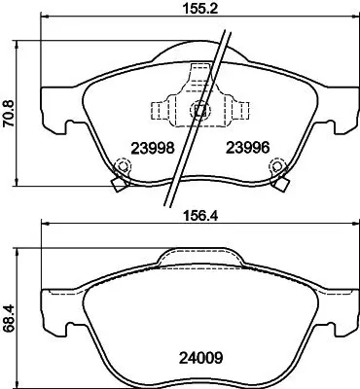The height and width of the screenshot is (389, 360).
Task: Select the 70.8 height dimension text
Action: (x=9, y=112)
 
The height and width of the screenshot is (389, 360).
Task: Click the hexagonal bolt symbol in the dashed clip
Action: (x=200, y=110)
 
